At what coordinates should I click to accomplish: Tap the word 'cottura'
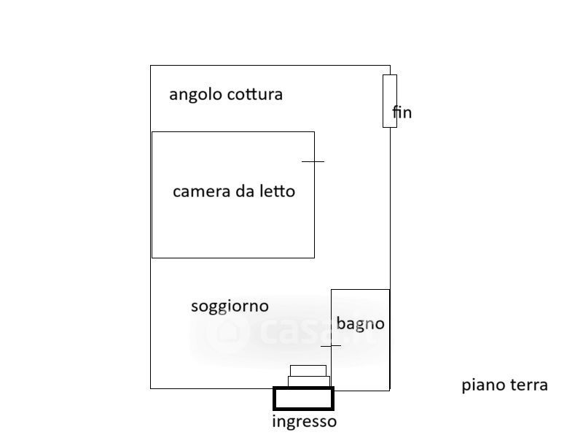point(254,94)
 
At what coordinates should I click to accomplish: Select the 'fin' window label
point(402,112)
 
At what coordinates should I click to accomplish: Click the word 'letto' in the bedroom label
point(278,191)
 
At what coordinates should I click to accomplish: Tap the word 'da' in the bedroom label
point(243,191)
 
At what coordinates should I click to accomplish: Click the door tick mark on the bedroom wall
point(313,161)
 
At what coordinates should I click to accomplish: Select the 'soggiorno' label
point(230,307)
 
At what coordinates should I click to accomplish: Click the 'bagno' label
point(360,323)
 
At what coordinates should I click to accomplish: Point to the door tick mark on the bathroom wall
point(331,345)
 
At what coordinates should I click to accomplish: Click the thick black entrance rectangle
point(303,399)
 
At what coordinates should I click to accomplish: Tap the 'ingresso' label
point(305,422)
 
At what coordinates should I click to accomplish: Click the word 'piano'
point(484,385)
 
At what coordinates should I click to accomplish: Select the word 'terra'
point(529,385)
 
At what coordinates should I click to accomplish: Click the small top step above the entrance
point(308,370)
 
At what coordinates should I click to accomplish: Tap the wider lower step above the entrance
point(309,381)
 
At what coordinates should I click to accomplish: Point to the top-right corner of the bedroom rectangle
point(314,132)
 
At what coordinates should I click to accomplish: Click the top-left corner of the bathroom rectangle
point(332,290)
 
